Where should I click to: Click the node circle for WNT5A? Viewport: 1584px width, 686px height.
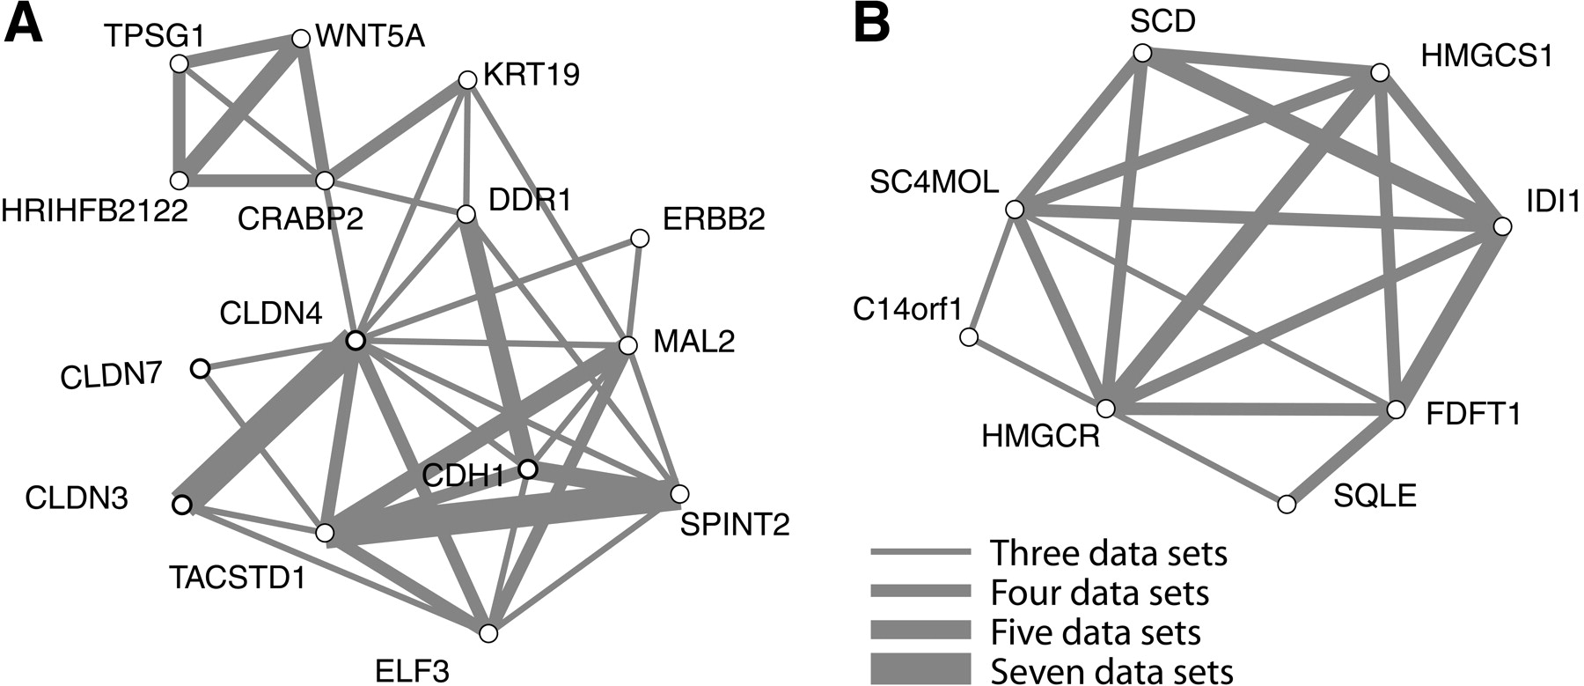[300, 39]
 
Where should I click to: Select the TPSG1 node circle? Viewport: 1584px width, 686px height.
[180, 63]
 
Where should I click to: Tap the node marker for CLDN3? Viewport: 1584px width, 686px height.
[182, 505]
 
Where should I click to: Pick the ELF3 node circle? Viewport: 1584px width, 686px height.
[489, 633]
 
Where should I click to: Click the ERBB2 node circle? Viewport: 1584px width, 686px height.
[640, 239]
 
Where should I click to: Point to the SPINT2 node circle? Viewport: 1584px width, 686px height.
[678, 493]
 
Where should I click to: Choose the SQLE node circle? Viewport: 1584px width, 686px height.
[1287, 505]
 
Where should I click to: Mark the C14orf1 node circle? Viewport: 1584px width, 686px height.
[969, 337]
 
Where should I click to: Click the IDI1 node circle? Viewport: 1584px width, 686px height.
[1502, 226]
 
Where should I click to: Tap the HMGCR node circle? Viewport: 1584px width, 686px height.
[1106, 409]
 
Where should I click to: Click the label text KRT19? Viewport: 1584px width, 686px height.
[532, 74]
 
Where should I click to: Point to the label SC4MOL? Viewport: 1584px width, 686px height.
[935, 182]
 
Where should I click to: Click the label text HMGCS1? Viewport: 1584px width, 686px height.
[1487, 56]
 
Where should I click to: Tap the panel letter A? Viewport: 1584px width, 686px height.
[24, 24]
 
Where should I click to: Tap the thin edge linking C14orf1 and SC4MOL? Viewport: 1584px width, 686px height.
[992, 274]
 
